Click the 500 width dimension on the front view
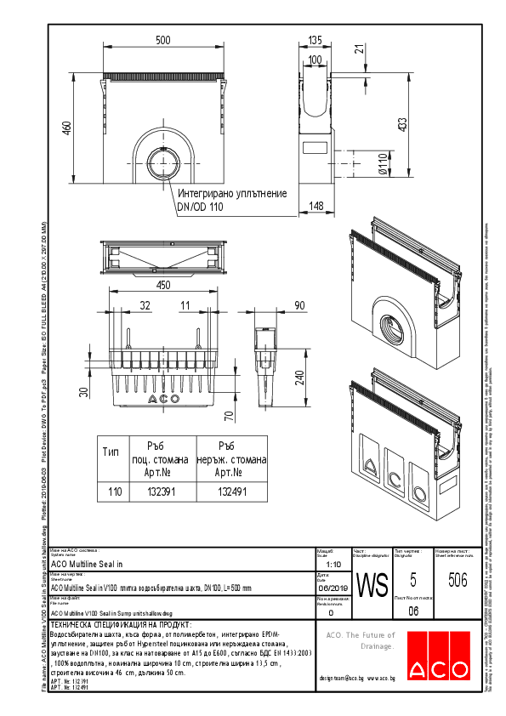(162, 41)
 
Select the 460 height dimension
(65, 127)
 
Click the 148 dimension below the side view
(315, 205)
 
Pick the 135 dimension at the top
(315, 40)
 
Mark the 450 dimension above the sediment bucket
(163, 285)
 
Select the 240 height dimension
(301, 375)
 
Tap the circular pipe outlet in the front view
(162, 161)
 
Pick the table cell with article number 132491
(231, 492)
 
